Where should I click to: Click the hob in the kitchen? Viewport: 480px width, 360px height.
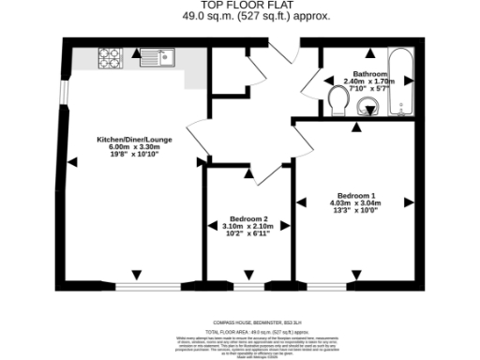[x=108, y=60]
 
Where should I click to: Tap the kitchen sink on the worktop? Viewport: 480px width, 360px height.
[x=157, y=60]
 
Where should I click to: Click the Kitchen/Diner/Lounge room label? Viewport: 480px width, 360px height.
[x=131, y=140]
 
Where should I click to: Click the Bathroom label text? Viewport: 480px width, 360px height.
[x=370, y=73]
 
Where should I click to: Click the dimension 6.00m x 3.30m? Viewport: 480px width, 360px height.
[x=131, y=147]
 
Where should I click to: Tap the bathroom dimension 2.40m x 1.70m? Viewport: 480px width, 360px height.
[x=370, y=81]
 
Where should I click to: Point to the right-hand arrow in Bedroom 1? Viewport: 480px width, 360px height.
[x=409, y=202]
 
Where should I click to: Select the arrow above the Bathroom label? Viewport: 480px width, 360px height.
[x=370, y=56]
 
